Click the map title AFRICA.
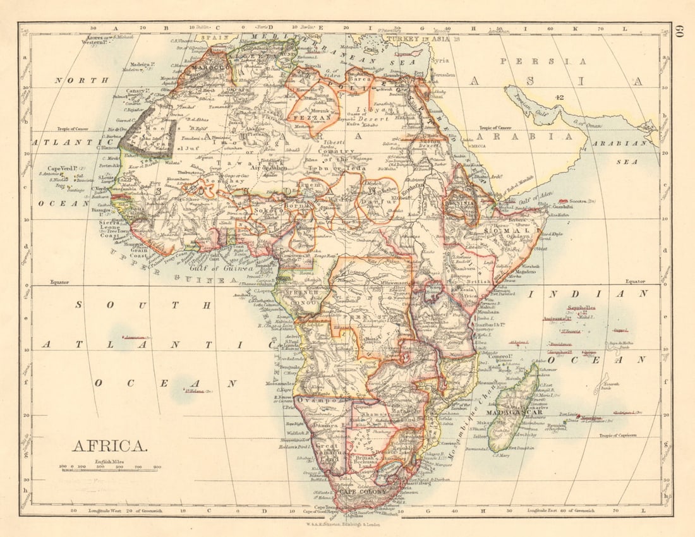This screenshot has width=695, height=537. pos(110,446)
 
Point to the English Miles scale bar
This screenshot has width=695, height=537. pos(111,468)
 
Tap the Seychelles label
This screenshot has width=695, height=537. pos(582,308)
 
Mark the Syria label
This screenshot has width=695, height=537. pos(440,61)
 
